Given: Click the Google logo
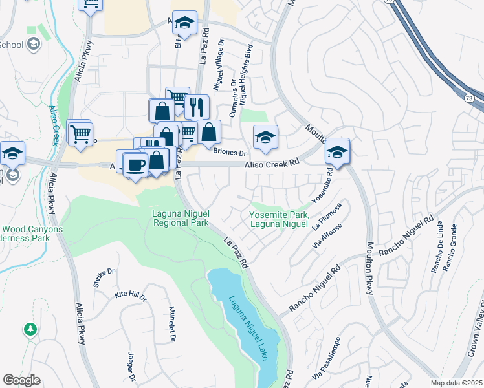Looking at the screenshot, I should click(x=21, y=380).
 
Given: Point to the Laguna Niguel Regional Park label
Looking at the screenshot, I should click(x=180, y=219).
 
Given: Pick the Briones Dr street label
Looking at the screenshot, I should click(x=230, y=153).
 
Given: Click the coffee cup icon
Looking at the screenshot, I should click(x=135, y=166).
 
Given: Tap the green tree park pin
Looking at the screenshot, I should click(x=30, y=330).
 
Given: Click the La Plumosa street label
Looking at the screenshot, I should click(x=325, y=219).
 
